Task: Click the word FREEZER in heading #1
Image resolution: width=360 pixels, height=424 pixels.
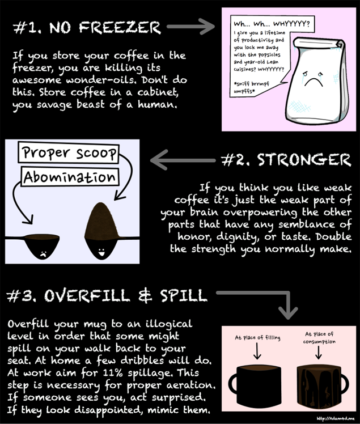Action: click(120, 28)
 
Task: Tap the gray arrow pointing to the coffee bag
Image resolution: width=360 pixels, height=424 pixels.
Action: click(190, 27)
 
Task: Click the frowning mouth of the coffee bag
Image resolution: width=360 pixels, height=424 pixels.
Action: click(314, 82)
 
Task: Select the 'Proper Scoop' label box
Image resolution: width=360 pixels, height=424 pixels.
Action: click(69, 152)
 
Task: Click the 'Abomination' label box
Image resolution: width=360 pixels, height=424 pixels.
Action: click(70, 177)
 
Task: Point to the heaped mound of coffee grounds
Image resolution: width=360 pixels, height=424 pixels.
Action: click(102, 221)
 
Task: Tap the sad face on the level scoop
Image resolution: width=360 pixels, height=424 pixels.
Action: click(43, 253)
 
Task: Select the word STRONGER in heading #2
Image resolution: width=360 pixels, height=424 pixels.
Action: click(304, 160)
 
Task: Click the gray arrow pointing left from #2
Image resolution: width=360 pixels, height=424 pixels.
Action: click(183, 160)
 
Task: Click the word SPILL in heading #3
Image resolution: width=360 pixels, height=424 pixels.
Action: click(183, 295)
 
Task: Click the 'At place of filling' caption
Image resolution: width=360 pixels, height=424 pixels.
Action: click(257, 337)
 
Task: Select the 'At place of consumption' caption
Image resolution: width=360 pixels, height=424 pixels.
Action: click(319, 338)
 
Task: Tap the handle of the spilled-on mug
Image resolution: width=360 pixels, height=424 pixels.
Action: click(344, 384)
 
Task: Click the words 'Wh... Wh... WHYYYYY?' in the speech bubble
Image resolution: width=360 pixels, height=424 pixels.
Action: click(272, 24)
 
